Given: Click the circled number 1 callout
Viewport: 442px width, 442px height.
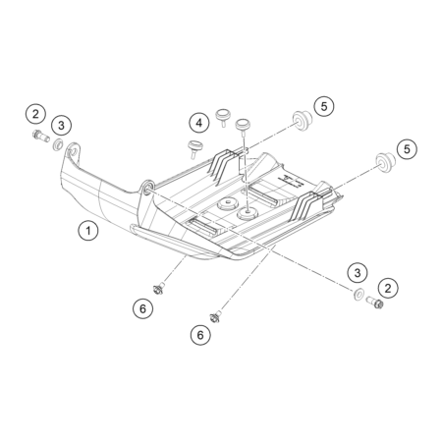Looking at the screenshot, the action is [x=88, y=231].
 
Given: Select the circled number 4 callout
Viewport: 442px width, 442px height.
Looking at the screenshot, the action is [x=199, y=123].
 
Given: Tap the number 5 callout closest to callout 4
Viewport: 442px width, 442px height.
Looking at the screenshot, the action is [x=324, y=106].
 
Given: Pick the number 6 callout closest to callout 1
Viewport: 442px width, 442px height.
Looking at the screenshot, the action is [x=142, y=308].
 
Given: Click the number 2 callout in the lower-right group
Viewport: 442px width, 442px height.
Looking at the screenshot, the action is [x=388, y=288].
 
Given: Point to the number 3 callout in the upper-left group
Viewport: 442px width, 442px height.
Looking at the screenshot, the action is [x=61, y=125].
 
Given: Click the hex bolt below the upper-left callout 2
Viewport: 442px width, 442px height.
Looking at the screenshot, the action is [x=41, y=136].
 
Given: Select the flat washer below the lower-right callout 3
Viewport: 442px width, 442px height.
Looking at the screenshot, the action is [x=358, y=294].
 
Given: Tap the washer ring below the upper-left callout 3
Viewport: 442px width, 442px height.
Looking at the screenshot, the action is [x=58, y=145].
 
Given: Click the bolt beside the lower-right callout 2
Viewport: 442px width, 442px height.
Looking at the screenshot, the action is [x=375, y=302].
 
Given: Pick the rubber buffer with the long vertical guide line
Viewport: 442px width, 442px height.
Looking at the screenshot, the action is [x=243, y=126].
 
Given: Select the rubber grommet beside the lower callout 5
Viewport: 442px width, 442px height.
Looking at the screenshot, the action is [x=384, y=162].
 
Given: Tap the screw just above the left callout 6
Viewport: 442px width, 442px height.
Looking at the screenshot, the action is [x=159, y=289].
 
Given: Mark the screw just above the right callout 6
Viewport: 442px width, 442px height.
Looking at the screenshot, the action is [x=215, y=316].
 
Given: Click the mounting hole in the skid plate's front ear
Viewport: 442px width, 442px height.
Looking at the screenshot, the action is [x=73, y=151].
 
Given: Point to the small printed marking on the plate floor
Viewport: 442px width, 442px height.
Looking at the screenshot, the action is [x=289, y=181].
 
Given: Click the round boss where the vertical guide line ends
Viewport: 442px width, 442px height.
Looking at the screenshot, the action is [x=248, y=213].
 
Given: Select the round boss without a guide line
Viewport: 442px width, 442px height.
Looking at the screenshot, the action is [x=227, y=204].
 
